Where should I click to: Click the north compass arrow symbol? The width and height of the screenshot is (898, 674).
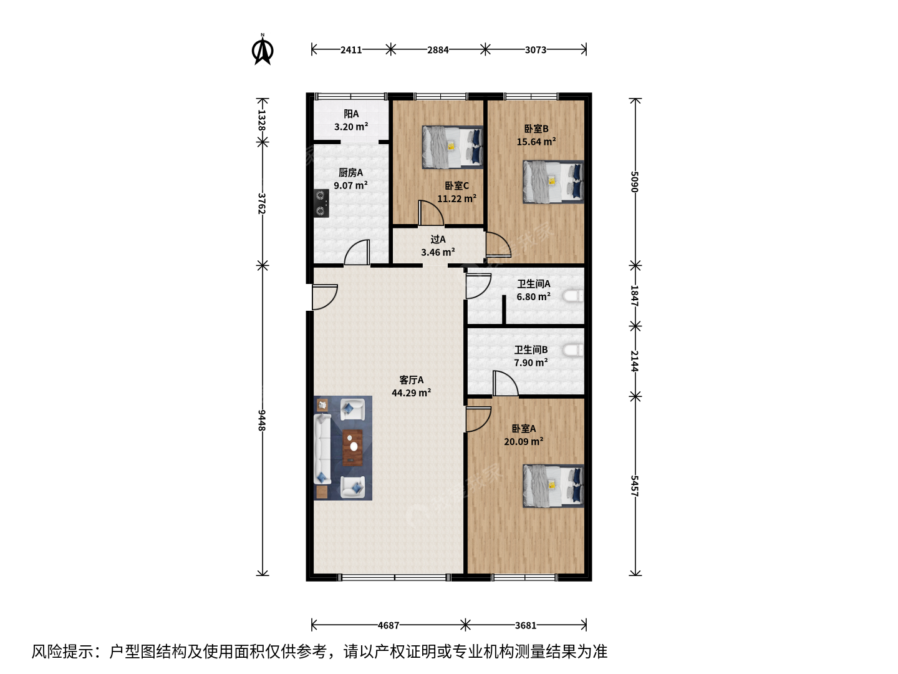click(263, 50)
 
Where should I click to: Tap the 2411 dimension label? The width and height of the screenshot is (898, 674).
click(352, 50)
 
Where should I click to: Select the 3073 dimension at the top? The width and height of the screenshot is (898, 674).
click(536, 50)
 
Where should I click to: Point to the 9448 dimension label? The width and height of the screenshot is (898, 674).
click(262, 420)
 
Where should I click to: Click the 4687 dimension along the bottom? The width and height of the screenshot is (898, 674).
click(389, 625)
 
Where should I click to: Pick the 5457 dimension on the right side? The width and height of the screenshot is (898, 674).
click(634, 486)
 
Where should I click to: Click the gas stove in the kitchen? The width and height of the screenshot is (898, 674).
click(321, 203)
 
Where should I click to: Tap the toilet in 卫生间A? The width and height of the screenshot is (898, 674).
click(573, 295)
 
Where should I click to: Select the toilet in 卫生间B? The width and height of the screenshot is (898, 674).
click(573, 350)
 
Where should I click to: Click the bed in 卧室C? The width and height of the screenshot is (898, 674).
click(453, 147)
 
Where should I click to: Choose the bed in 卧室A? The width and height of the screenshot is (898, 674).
click(553, 486)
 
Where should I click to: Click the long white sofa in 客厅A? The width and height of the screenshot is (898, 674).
click(322, 449)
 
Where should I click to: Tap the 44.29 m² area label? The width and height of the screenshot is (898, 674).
click(411, 393)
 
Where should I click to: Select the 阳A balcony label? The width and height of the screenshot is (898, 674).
click(351, 114)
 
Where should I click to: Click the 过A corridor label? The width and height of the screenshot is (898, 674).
click(438, 240)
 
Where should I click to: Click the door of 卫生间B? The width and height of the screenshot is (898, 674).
click(505, 383)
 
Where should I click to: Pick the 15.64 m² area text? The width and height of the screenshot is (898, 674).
click(536, 142)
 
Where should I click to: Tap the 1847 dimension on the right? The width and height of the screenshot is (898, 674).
click(634, 296)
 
